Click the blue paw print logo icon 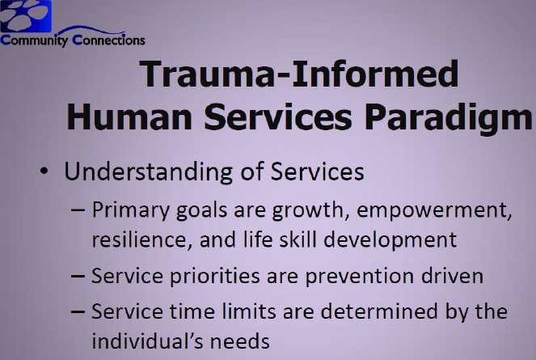[26, 16]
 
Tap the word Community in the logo [34, 40]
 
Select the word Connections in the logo [108, 40]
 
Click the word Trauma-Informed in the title [299, 74]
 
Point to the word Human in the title [129, 116]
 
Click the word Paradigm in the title [448, 119]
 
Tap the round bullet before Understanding [44, 171]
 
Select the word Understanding [149, 172]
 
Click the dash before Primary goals [78, 210]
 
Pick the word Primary [131, 210]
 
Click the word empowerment [434, 210]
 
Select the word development [390, 240]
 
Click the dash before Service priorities [78, 276]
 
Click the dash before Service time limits [78, 311]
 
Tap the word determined [379, 311]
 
